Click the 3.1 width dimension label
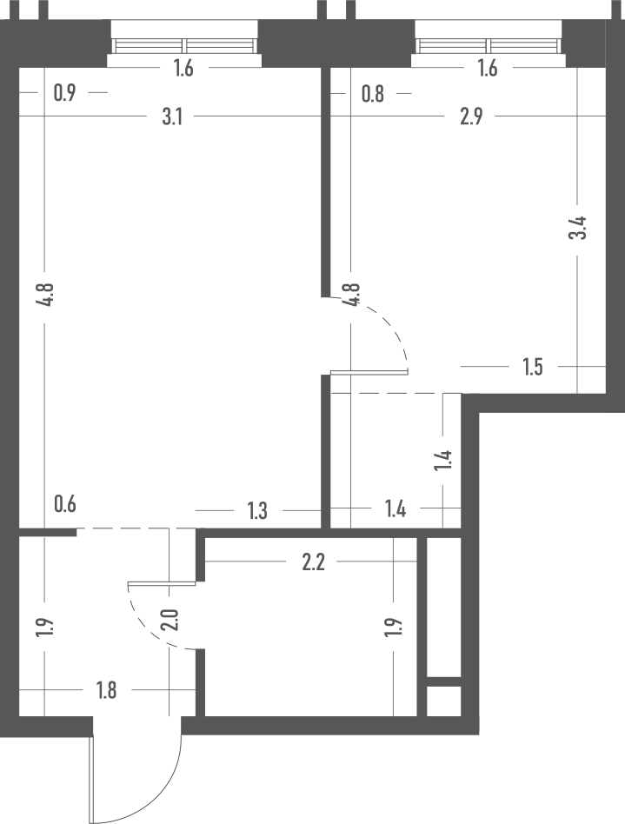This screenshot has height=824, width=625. point(172,116)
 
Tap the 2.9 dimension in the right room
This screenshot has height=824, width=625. point(471,116)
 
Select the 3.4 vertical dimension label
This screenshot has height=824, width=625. point(578,228)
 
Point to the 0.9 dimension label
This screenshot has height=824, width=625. point(64,93)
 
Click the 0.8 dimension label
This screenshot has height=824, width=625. point(373,94)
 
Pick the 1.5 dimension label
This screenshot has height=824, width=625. point(533,368)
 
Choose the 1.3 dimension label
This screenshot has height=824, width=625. point(257,511)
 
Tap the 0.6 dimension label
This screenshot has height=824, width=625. point(65,504)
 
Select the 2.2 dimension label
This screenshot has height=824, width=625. point(313,563)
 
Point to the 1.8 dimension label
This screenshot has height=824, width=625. point(106,690)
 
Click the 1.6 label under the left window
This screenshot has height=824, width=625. point(183,69)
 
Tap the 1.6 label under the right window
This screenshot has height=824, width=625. point(488,69)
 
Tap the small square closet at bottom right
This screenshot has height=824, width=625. point(443,701)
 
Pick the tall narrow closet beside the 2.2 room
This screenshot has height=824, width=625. point(443,607)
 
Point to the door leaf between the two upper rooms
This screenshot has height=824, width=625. point(369,373)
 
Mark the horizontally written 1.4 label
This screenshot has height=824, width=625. point(396,509)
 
